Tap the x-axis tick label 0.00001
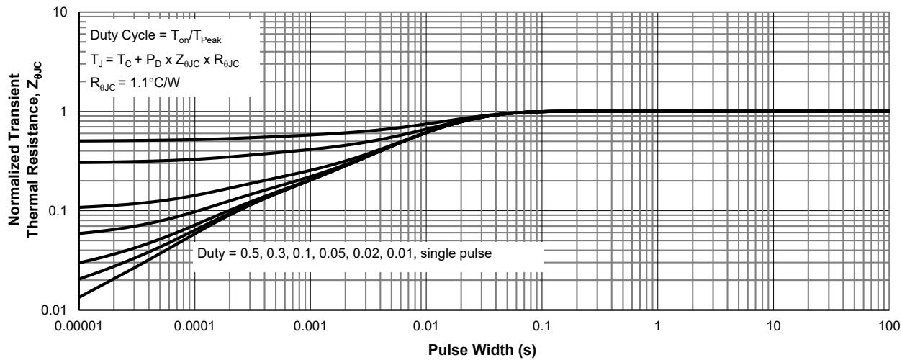click(x=78, y=325)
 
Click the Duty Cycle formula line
click(x=141, y=35)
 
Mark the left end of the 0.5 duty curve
click(x=78, y=141)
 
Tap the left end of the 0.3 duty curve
click(x=78, y=163)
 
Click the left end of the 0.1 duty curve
click(x=78, y=207)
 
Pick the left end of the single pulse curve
click(x=78, y=297)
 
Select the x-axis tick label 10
click(x=773, y=325)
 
